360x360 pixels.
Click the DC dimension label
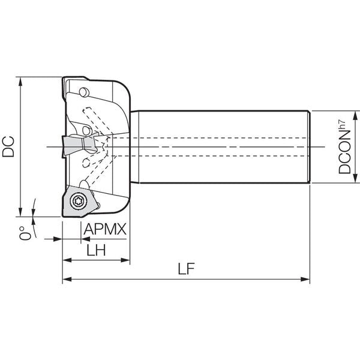click(x=8, y=146)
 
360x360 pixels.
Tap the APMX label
click(x=105, y=229)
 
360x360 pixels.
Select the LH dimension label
click(x=96, y=250)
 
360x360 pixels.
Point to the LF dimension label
click(x=186, y=269)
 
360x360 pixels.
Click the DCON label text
click(x=344, y=152)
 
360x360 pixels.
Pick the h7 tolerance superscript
click(x=342, y=124)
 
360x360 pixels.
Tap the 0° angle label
click(x=25, y=233)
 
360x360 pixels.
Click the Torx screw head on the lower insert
click(x=79, y=202)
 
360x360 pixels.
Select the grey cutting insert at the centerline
click(x=79, y=146)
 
